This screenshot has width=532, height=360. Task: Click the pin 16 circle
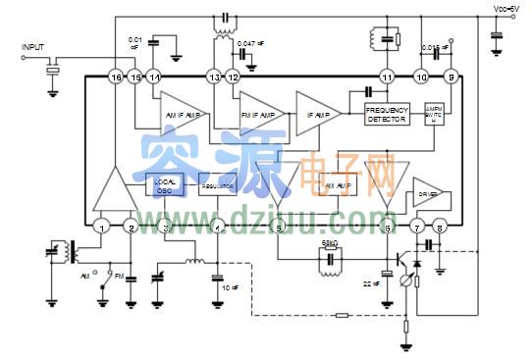[115, 77]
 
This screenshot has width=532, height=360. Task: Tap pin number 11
[387, 77]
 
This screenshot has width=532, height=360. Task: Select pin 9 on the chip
[451, 77]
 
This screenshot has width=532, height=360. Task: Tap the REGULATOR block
[217, 184]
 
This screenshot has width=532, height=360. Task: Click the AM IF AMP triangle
[181, 114]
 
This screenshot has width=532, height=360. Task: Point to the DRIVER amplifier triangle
[429, 193]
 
